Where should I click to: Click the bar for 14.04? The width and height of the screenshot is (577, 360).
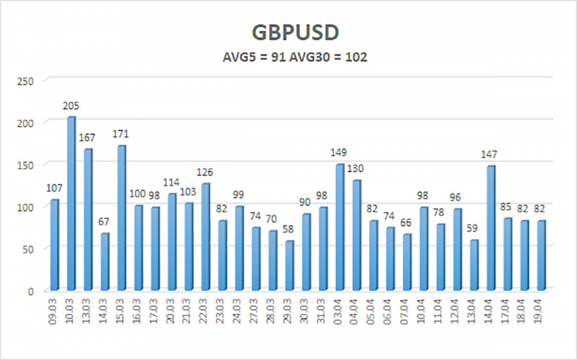[490, 228]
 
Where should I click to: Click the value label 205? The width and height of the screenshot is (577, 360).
[71, 106]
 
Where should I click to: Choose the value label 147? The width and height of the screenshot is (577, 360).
[490, 154]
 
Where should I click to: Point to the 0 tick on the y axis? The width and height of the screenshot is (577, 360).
[31, 291]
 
